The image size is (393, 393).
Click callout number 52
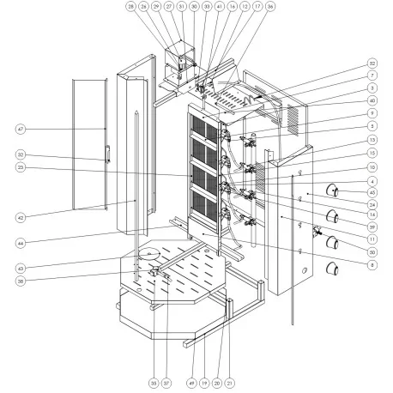click(x=372, y=63)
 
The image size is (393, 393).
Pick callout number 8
click(x=372, y=264)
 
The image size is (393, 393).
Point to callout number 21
click(x=229, y=383)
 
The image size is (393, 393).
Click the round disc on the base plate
click(x=150, y=253)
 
